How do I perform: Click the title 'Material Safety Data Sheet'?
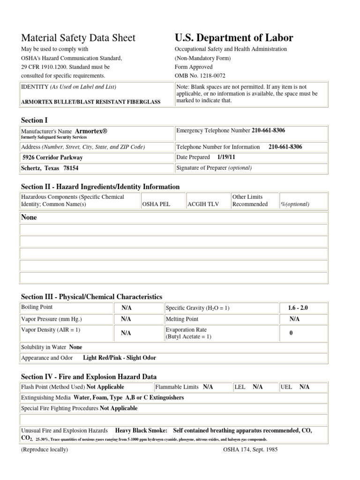(x=78, y=38)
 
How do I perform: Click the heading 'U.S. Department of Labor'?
(x=234, y=38)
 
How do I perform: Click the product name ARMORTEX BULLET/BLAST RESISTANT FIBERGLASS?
(x=90, y=102)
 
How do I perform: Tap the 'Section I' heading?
(x=34, y=120)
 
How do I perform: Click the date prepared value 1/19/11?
(x=226, y=157)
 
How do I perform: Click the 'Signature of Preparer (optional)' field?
(x=214, y=168)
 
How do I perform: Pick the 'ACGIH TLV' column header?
(x=201, y=204)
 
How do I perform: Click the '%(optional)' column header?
(x=295, y=204)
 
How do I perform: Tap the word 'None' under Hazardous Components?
(x=29, y=217)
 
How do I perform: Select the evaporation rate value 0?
(x=291, y=333)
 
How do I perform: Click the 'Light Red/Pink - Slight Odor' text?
(x=120, y=358)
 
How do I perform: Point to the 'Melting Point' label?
(x=182, y=319)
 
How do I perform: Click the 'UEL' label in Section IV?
(x=286, y=387)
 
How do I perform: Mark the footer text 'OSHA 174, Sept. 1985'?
(x=251, y=449)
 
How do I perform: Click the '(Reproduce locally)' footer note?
(x=45, y=449)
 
